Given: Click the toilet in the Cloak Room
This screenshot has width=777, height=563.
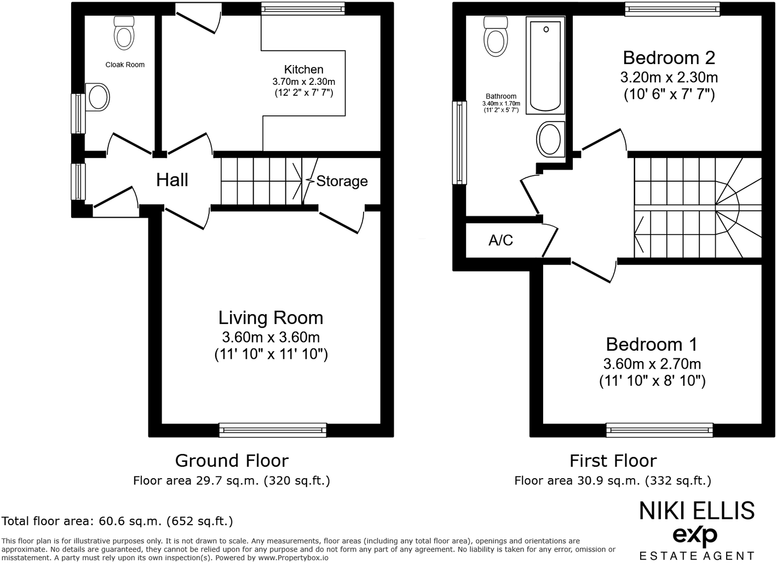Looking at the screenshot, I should coord(124,34).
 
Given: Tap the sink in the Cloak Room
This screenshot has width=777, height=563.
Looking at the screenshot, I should coord(98,98).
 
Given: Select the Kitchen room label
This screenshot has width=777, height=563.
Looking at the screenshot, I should coord(303,69).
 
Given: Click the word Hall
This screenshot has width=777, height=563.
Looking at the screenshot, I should coord(172,180).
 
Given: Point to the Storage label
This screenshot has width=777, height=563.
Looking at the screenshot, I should coord(342,181).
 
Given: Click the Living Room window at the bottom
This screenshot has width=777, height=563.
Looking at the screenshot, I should coord(273,429).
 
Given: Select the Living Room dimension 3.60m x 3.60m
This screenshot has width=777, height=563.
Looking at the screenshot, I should coord(270,337).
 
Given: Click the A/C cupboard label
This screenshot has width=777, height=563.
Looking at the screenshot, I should coord(500,240).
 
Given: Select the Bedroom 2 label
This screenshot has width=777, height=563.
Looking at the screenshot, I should coord(669,58).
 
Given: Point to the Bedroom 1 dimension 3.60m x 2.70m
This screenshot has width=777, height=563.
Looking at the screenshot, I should coord(652,364).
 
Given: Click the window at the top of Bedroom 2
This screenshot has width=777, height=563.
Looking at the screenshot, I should coord(671,9).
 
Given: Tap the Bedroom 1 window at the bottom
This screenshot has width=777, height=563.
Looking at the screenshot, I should coord(659,430).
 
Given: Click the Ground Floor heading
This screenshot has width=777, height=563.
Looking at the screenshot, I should coord(231,461).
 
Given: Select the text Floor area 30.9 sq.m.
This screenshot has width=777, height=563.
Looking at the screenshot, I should coord(577,481).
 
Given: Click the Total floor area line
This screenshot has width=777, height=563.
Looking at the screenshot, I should coord(118,521).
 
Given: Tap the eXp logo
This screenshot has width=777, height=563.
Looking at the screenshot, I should coord(694,535).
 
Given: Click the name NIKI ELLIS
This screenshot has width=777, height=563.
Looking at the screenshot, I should coord(697,511).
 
